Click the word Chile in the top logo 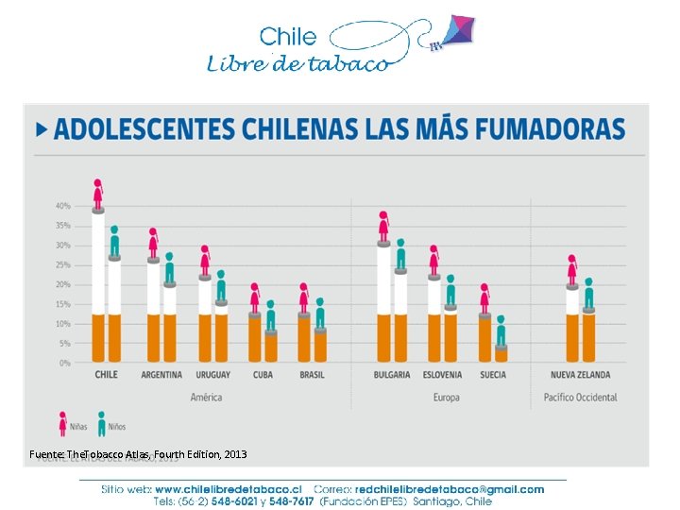pos(288,37)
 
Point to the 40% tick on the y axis pos(62,206)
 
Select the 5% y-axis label pos(64,344)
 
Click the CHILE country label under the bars pos(107,375)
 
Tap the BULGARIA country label pos(392,375)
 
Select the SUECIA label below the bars pos(492,375)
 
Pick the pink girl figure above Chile pos(98,194)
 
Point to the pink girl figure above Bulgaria pos(383,226)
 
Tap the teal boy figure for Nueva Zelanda pos(588,294)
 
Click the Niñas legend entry pos(72,426)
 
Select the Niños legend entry pos(109,426)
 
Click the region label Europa pos(446,398)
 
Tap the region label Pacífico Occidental pos(581,398)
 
